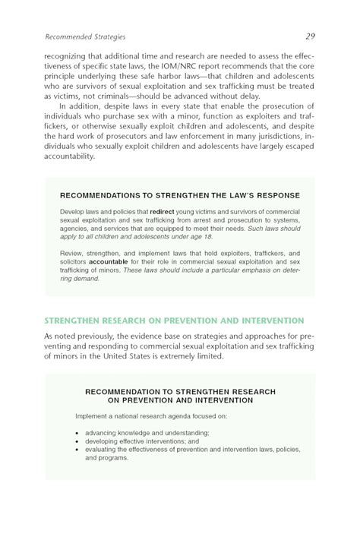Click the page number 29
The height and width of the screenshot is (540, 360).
point(311,36)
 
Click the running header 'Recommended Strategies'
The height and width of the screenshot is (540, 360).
point(85,36)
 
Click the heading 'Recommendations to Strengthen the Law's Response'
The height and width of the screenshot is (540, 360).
point(180,195)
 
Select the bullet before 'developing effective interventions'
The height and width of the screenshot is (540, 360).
point(77,441)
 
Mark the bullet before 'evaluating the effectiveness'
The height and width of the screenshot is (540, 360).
point(77,450)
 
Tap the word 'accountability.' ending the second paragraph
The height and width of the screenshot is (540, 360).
point(70,156)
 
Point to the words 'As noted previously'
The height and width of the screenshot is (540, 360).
point(77,336)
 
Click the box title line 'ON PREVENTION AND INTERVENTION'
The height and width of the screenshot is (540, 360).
point(180,399)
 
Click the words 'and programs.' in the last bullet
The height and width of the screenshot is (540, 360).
point(107,458)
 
